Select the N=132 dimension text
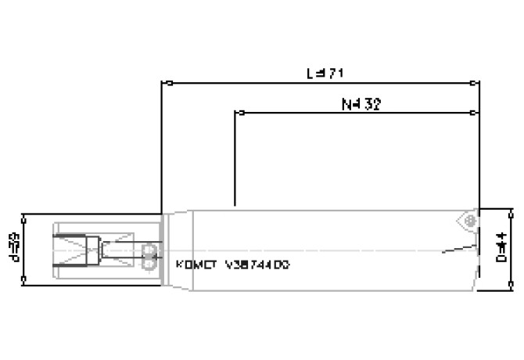pyautogui.click(x=361, y=103)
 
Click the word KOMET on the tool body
pyautogui.click(x=196, y=265)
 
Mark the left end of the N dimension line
pyautogui.click(x=235, y=113)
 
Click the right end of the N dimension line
pyautogui.click(x=479, y=113)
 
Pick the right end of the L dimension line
pyautogui.click(x=479, y=82)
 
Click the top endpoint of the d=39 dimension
pyautogui.click(x=26, y=214)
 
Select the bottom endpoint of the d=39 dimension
pyautogui.click(x=26, y=279)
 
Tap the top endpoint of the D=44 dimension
pyautogui.click(x=511, y=210)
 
